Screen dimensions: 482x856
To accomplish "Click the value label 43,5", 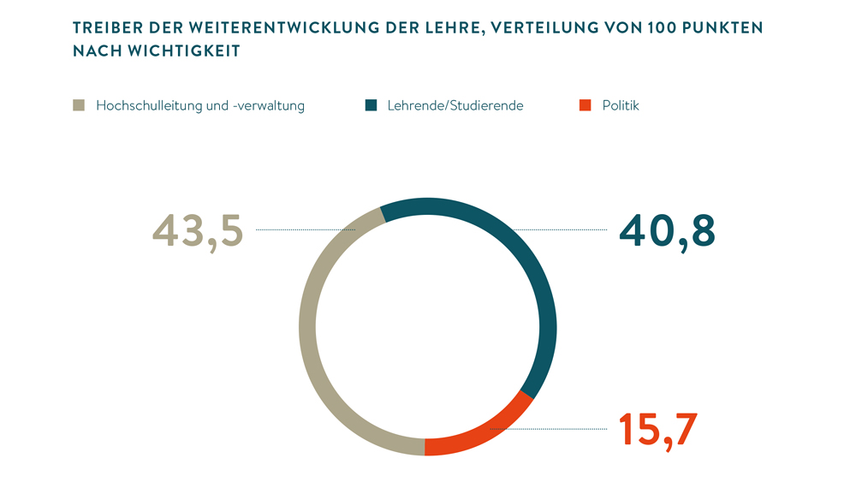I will pos(198,230).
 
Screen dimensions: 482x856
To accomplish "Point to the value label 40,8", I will pos(668,230).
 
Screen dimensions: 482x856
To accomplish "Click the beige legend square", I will pos(79,105).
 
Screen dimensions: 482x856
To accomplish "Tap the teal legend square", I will pos(371,105).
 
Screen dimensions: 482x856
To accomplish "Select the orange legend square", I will pos(586,105).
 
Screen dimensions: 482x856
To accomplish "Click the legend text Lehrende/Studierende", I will pos(455,106).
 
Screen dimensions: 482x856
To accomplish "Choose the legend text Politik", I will pos(621,106).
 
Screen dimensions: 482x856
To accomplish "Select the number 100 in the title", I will pos(664,28).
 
